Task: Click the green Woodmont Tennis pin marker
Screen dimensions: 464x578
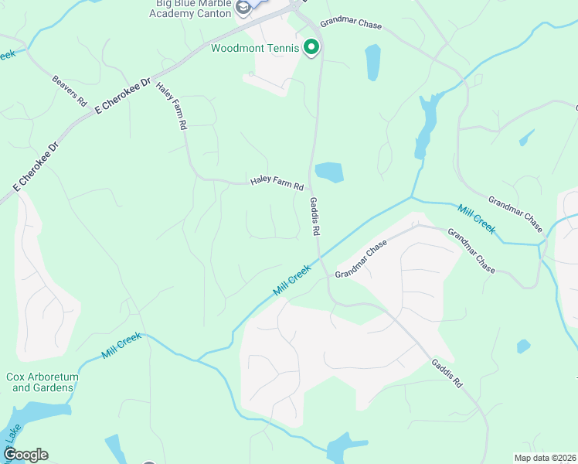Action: click(x=311, y=48)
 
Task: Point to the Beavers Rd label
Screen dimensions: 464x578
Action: click(x=69, y=90)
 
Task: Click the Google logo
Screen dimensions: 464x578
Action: click(x=25, y=455)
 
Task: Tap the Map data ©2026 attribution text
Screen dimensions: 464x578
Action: click(x=546, y=457)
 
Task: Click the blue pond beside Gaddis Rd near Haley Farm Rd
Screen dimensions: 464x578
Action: click(x=329, y=172)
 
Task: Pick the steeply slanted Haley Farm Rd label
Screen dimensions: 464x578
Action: click(x=172, y=105)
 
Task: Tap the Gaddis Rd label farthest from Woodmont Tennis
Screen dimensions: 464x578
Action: click(x=447, y=372)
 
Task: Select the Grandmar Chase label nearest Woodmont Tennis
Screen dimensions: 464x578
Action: click(x=351, y=25)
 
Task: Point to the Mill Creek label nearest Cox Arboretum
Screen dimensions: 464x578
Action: click(x=121, y=345)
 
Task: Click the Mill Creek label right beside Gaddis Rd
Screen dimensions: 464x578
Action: click(x=292, y=280)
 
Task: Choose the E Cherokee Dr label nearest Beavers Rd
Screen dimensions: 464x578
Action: click(x=122, y=96)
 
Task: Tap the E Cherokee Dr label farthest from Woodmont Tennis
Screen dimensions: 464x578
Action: click(x=36, y=167)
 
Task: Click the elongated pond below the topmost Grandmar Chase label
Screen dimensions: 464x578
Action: click(x=372, y=62)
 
